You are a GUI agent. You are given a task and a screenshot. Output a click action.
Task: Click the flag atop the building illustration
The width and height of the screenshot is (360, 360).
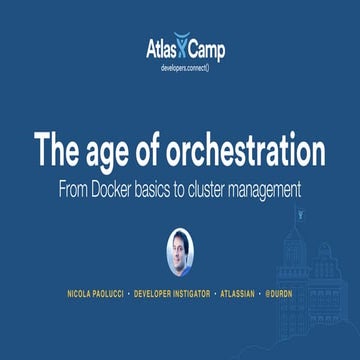coord(298,214)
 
